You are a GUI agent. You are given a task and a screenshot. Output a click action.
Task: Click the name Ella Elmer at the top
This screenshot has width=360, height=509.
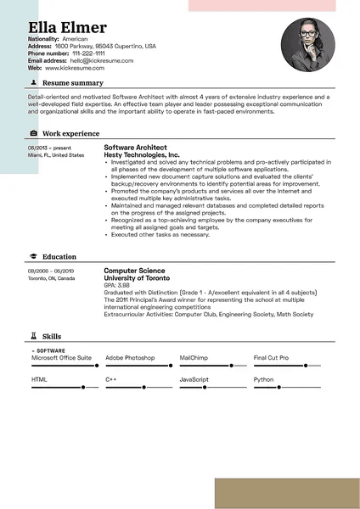click(x=67, y=27)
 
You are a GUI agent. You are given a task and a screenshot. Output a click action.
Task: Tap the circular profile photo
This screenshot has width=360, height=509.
click(x=308, y=45)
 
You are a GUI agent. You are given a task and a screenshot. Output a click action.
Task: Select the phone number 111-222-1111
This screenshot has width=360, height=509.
click(x=87, y=53)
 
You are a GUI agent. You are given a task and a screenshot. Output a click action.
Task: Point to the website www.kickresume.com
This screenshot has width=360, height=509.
click(x=75, y=68)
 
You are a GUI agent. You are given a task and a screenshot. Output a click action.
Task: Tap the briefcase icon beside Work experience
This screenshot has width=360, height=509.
click(x=33, y=133)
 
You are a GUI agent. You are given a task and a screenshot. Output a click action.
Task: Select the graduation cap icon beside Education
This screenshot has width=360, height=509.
click(x=33, y=256)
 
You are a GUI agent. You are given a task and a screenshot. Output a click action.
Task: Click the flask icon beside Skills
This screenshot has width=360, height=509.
click(x=33, y=337)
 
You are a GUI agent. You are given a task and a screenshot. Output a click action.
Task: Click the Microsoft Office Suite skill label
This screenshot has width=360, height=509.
click(x=61, y=358)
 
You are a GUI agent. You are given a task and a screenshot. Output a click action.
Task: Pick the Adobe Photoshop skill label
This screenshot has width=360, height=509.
click(x=130, y=358)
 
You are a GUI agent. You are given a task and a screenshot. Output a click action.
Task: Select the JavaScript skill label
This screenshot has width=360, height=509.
click(x=194, y=379)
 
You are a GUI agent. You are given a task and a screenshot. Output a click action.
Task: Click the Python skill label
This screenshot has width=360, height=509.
click(x=264, y=379)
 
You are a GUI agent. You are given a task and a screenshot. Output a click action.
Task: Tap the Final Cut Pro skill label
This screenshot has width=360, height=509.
click(x=272, y=358)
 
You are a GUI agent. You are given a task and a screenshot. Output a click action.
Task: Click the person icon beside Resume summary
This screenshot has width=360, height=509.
click(x=33, y=83)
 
